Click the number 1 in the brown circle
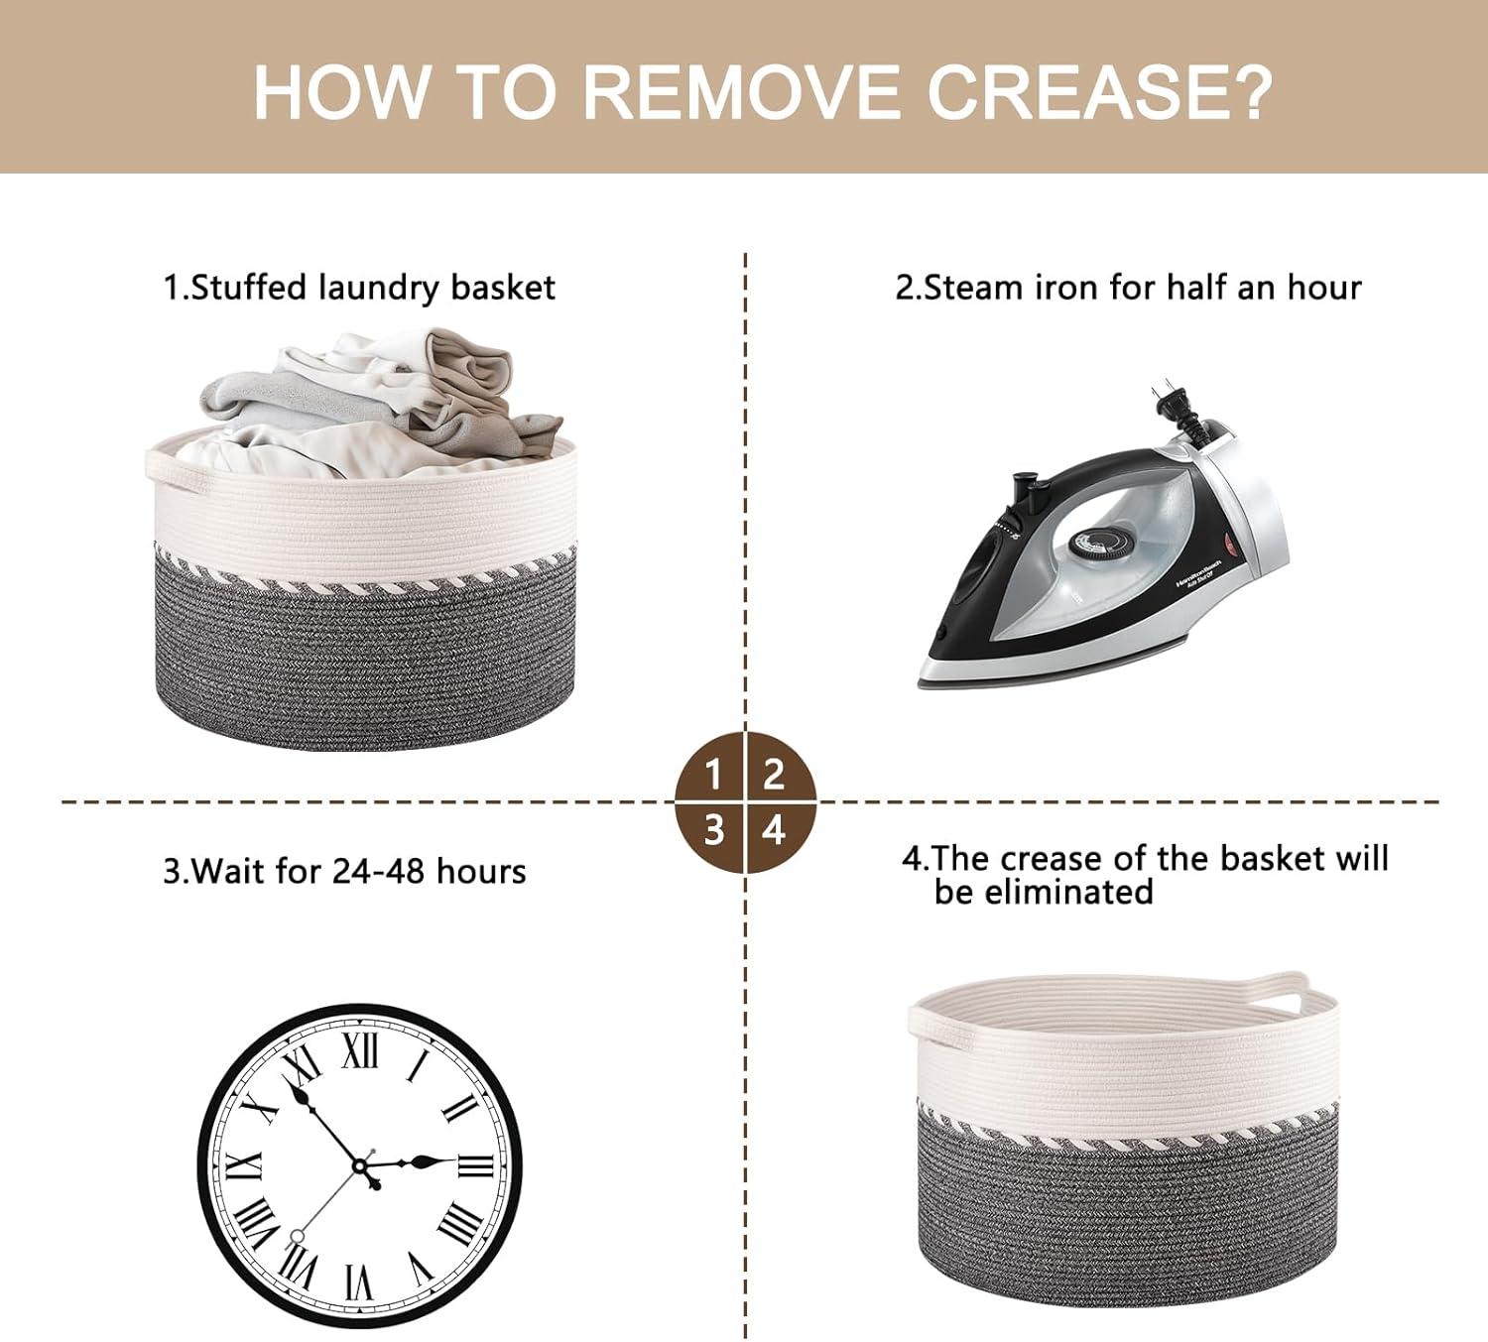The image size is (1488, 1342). tap(713, 776)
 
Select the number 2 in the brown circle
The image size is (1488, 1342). tap(774, 776)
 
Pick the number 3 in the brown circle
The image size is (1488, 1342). tap(713, 830)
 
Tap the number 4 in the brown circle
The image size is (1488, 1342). tap(774, 830)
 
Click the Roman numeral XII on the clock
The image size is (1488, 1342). tap(360, 1052)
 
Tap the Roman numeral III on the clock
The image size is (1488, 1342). tap(475, 1166)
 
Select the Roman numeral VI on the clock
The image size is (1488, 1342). tap(360, 1281)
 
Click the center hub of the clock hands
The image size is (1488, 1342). tap(360, 1166)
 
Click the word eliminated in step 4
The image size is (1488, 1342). tap(1044, 892)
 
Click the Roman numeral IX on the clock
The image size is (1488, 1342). tap(245, 1166)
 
